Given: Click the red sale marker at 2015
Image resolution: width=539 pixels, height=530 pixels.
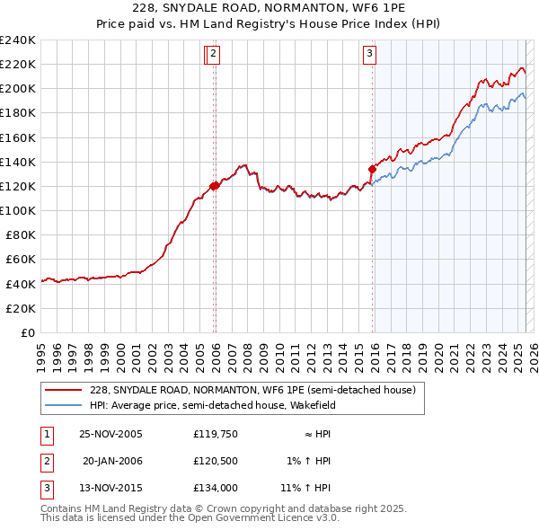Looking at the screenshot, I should [372, 168].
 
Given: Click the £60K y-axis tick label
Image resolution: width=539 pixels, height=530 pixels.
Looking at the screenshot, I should [21, 260].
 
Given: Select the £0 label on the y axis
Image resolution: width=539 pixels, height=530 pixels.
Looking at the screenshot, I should [29, 332].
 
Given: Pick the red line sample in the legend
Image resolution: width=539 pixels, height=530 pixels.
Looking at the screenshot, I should [64, 391].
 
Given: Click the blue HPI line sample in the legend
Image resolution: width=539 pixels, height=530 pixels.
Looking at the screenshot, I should [64, 405].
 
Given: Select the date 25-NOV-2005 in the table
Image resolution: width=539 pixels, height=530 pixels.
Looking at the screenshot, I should [110, 435].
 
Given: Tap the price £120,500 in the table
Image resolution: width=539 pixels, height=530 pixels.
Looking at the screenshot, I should [215, 462].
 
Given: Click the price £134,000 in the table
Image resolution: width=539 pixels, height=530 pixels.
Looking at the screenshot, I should [215, 489].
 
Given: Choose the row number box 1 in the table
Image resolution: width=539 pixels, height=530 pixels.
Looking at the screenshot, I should [46, 435].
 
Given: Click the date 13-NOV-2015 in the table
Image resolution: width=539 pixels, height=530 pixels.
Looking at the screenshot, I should [110, 489].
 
